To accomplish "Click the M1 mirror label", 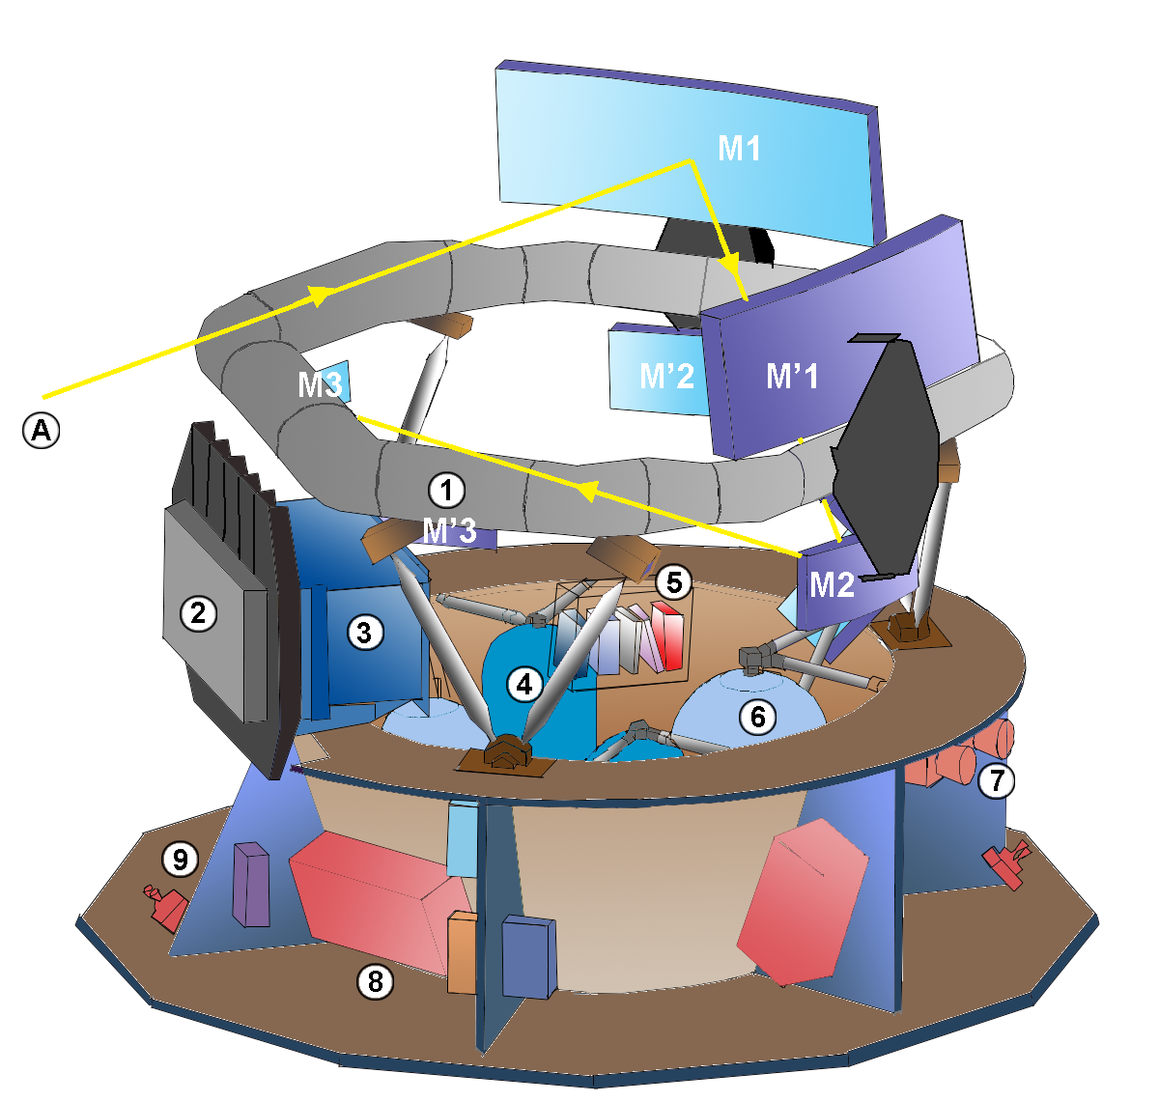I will [739, 149].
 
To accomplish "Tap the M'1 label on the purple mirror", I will [792, 376].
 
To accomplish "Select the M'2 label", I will [666, 376].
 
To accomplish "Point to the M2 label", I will [832, 584].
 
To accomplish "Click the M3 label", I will [319, 384].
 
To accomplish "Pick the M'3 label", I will [449, 529].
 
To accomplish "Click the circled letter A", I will [42, 430].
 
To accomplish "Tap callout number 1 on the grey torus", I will [446, 490].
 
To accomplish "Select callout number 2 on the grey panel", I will [199, 612].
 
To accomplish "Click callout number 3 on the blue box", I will [364, 633].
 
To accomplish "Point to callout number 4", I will [524, 685].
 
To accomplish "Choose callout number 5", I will [674, 582].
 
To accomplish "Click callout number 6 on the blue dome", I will [757, 717].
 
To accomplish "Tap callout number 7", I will [997, 780].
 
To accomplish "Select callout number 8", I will [376, 982].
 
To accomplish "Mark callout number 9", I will [180, 858].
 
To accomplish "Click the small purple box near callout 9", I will [252, 885].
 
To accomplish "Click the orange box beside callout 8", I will [462, 952].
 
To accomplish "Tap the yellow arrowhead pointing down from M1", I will [729, 263].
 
